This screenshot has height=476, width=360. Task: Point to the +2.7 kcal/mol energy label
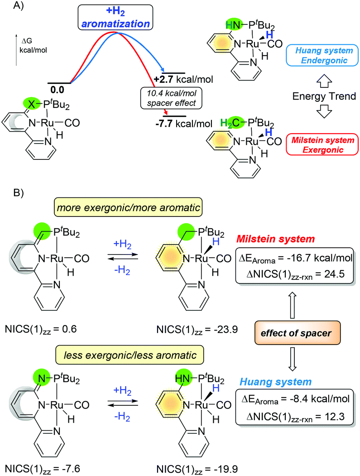point(183,81)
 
